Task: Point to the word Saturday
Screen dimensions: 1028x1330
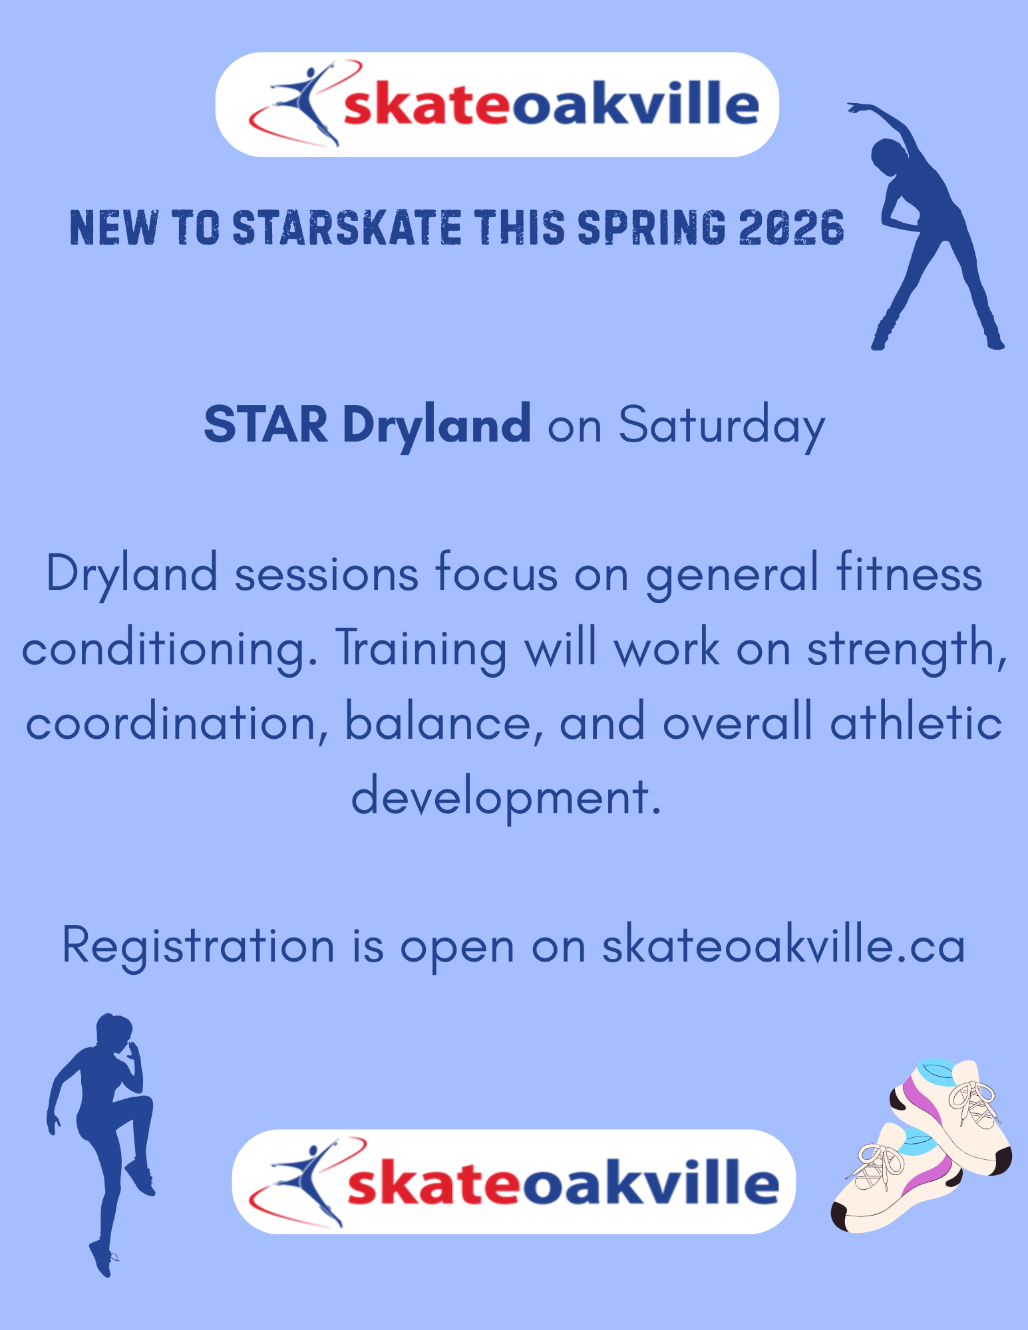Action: coord(722,426)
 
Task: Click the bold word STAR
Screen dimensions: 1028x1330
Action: coord(265,424)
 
